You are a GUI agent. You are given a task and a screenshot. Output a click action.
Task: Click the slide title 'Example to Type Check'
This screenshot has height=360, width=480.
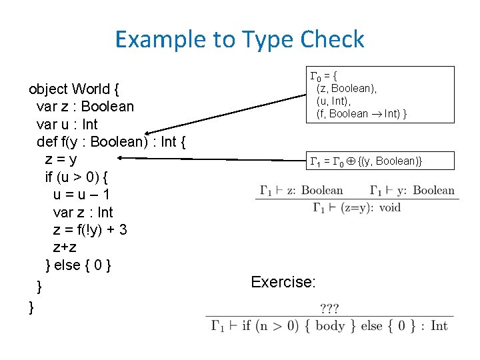click(x=239, y=39)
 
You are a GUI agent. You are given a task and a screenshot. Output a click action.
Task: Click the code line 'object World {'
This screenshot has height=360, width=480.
click(x=73, y=89)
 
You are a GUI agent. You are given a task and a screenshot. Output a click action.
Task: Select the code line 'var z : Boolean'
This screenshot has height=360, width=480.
click(x=85, y=107)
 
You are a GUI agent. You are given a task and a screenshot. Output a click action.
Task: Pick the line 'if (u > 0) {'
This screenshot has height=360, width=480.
click(x=77, y=177)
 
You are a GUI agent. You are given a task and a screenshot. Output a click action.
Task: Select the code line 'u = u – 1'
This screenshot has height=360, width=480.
click(x=81, y=195)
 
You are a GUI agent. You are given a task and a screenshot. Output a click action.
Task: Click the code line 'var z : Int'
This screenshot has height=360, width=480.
click(x=83, y=212)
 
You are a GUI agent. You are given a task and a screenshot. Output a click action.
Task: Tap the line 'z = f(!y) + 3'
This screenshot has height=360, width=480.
click(x=90, y=230)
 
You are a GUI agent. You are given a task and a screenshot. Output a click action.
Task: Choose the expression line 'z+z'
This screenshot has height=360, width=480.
click(x=65, y=247)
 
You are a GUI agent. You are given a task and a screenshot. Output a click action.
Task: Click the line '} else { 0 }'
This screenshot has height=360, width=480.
click(x=78, y=265)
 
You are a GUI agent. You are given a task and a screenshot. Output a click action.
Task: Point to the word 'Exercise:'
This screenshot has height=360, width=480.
click(x=283, y=282)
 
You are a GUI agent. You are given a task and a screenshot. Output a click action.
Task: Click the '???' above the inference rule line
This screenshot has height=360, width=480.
click(x=329, y=308)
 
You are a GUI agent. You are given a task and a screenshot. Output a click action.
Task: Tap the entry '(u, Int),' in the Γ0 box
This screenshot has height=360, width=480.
click(x=337, y=101)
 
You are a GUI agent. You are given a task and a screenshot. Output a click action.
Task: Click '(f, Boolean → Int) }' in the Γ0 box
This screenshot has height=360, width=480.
click(x=362, y=113)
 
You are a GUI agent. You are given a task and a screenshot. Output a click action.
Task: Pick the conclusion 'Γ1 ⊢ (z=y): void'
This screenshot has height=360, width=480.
click(x=357, y=207)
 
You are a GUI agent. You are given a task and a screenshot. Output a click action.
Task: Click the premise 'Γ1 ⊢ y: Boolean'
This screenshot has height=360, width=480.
click(x=411, y=190)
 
